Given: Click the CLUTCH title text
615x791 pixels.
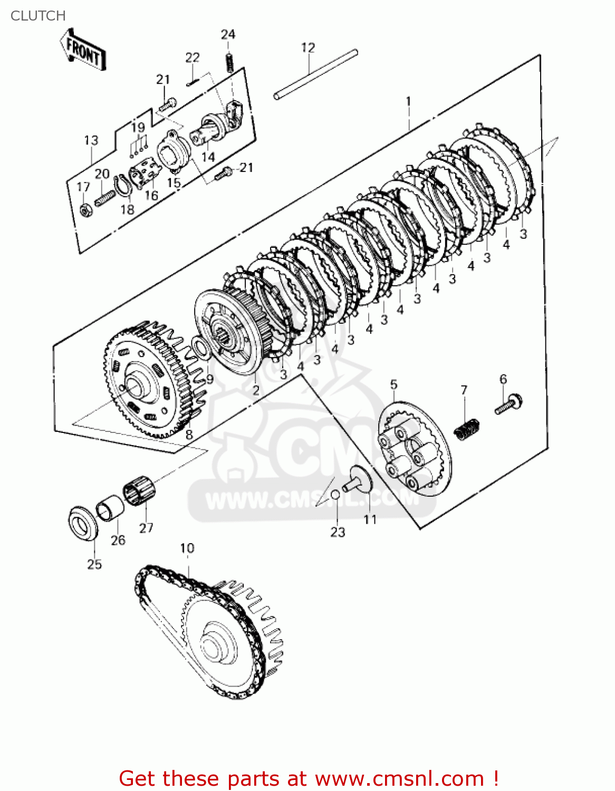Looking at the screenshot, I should [x=38, y=16].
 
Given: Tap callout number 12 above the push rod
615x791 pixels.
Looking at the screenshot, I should [x=308, y=47].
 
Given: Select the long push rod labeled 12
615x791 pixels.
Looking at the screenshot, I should [x=315, y=74].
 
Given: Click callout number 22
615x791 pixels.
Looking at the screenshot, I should [x=193, y=57].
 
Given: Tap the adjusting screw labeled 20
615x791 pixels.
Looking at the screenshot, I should [x=105, y=198].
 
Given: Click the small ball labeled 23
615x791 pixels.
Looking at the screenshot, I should [x=335, y=494].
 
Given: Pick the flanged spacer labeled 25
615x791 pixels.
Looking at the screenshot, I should [x=83, y=523].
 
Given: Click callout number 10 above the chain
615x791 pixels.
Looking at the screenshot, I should [x=187, y=548].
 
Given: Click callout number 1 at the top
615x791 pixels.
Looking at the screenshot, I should [x=408, y=101].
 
